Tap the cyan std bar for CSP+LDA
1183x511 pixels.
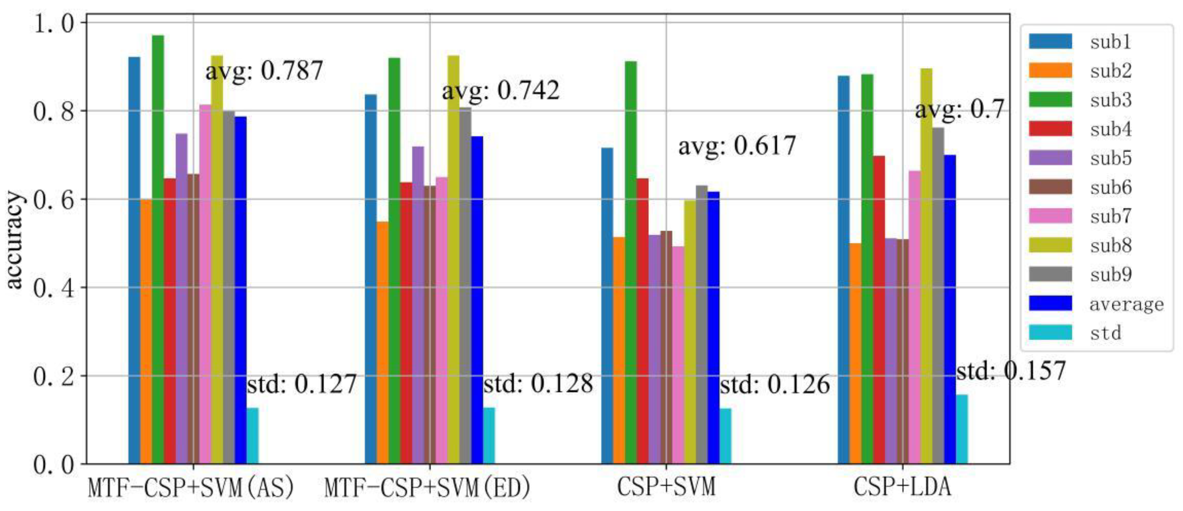[x=962, y=429]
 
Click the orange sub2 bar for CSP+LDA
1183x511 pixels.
[x=855, y=353]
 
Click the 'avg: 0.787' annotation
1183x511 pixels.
[x=264, y=71]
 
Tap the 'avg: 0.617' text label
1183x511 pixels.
[x=737, y=146]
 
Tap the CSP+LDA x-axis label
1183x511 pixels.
[x=902, y=488]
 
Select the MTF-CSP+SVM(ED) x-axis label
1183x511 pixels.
[x=427, y=488]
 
